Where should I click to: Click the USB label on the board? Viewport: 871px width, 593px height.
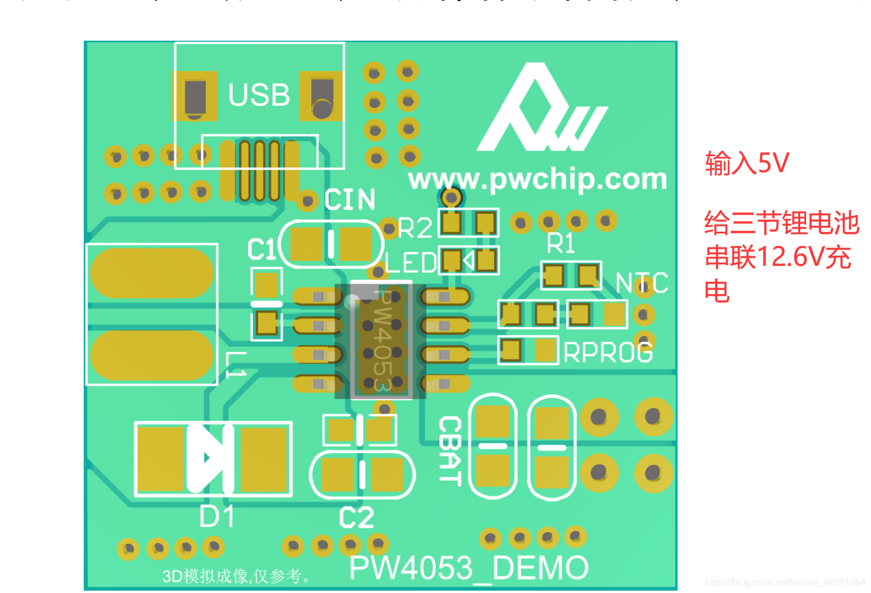(x=259, y=95)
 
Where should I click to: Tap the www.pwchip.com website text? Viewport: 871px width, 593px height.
(x=537, y=179)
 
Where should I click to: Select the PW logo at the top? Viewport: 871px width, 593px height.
(x=541, y=110)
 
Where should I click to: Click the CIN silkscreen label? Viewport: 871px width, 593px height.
(x=350, y=200)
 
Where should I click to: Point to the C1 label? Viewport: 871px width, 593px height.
(x=261, y=249)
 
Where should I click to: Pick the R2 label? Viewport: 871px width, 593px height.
(x=415, y=228)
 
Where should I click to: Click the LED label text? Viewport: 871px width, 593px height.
(x=411, y=263)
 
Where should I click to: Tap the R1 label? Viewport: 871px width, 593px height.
(x=560, y=243)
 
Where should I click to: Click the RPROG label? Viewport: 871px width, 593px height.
(x=608, y=352)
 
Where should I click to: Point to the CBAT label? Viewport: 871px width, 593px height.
(x=449, y=450)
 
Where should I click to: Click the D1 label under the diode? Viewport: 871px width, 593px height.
(x=217, y=517)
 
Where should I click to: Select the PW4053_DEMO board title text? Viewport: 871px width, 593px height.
(x=469, y=568)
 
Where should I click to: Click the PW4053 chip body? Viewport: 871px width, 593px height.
(x=381, y=340)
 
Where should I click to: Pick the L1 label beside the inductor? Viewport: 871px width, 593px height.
(x=236, y=365)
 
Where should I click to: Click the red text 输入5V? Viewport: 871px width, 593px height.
(x=747, y=163)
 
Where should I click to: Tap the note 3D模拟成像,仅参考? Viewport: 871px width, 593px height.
(x=236, y=576)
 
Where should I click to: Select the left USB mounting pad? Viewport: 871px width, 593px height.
(x=195, y=96)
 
